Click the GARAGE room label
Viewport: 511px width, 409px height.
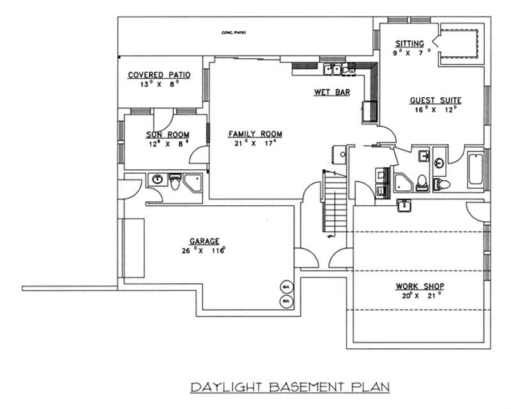pos(204,242)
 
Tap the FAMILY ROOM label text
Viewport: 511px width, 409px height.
pos(255,134)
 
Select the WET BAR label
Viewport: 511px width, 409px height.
pos(332,93)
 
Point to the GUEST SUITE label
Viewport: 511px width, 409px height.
pos(436,100)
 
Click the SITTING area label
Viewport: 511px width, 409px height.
pos(409,43)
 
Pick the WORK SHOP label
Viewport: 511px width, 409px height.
pos(420,286)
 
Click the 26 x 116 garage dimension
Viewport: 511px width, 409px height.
pos(204,251)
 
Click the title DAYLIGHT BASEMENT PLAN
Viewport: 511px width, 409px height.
pos(289,387)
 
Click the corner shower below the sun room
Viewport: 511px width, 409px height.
pos(192,183)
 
